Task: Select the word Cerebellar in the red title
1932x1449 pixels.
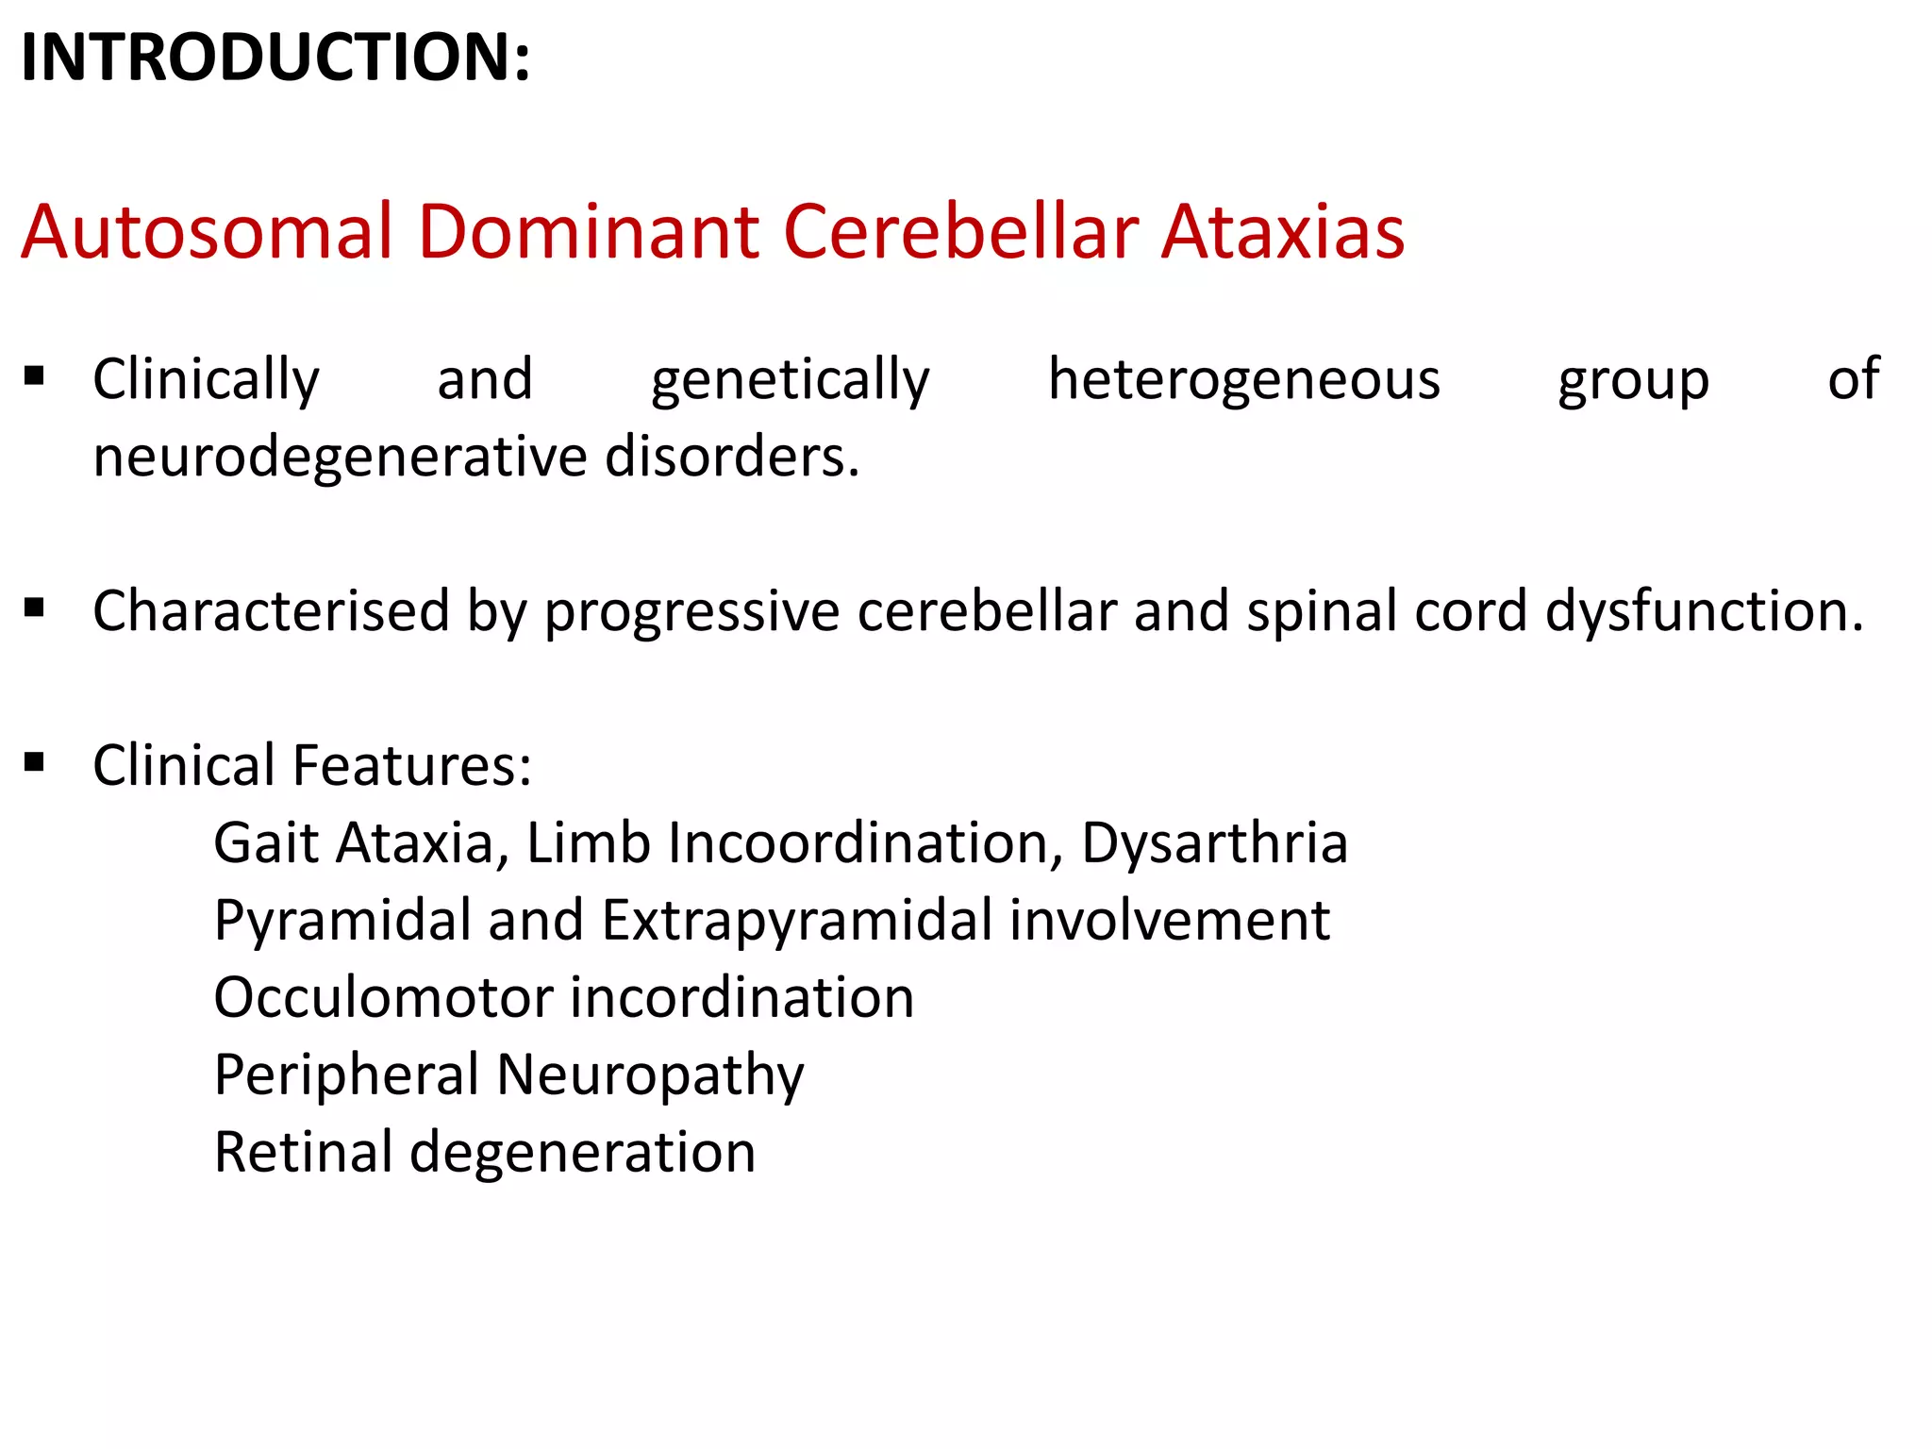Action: tap(960, 231)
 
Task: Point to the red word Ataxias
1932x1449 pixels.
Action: tap(1282, 231)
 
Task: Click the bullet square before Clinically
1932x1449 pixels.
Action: tap(35, 376)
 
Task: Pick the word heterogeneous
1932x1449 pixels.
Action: tap(1243, 380)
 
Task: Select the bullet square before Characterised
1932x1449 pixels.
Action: tap(35, 608)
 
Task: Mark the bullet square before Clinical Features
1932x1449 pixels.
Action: tap(35, 761)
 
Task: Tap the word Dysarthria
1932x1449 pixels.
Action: tap(1214, 842)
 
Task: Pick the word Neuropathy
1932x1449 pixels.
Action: tap(650, 1076)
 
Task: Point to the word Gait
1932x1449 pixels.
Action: tap(266, 842)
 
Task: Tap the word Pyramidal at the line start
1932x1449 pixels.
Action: tap(342, 922)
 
